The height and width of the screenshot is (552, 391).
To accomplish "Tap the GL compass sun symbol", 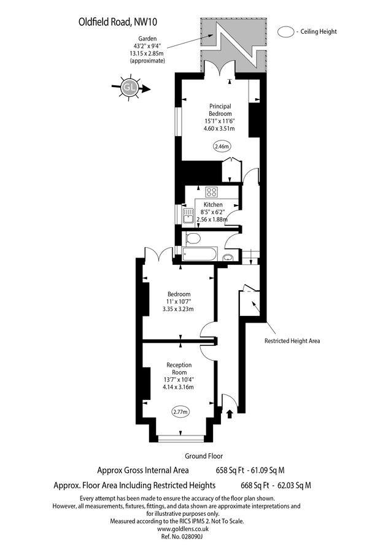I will (x=130, y=88).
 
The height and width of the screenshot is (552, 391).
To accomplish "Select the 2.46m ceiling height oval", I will (x=221, y=146).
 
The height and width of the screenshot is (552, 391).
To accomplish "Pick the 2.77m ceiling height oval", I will (x=180, y=412).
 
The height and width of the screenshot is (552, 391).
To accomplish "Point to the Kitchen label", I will (x=213, y=204).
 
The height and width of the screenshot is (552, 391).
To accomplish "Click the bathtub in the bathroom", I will (x=198, y=254).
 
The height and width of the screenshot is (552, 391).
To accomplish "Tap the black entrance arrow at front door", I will (x=230, y=415).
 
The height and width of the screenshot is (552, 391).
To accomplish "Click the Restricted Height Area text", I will (x=292, y=341).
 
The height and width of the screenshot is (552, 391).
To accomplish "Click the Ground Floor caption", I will (x=204, y=456).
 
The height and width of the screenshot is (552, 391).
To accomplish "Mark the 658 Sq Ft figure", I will (x=223, y=471).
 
